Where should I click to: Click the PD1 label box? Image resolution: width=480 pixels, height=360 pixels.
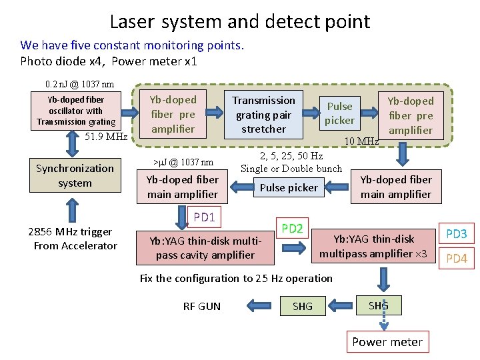pos(204,217)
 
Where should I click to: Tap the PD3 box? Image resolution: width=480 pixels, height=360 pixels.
pos(456,234)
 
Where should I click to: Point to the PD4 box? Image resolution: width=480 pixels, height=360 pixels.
pos(456,259)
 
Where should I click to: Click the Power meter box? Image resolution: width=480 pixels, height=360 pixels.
pos(387,342)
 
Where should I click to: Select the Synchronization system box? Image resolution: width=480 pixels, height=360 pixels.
pos(75,176)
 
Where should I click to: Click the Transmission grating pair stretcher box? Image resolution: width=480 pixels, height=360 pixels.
pos(263,115)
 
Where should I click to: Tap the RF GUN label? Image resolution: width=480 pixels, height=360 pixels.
pos(202,307)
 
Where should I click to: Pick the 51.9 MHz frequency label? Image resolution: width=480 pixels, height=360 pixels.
pos(106,137)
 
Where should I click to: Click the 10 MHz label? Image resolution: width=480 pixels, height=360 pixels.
pos(361,141)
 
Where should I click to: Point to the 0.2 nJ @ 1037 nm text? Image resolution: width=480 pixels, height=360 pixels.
pos(79,85)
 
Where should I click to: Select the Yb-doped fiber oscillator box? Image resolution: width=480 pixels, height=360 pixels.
pos(76,111)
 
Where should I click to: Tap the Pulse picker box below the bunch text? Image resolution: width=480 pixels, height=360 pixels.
pos(289,188)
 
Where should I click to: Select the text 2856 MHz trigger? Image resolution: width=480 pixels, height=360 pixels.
pos(70,232)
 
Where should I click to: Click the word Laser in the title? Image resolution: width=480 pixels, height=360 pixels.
pos(133,21)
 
